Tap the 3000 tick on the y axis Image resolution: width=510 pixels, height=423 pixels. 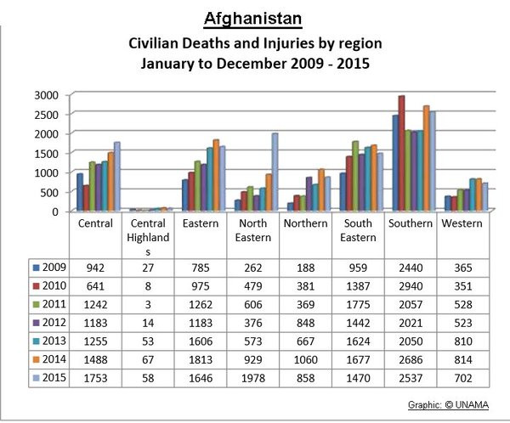point(48,93)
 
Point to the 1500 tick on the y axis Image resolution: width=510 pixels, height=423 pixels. point(48,152)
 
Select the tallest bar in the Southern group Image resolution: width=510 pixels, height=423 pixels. point(401,153)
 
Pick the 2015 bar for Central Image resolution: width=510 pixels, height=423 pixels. point(116,177)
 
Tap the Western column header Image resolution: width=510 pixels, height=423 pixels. point(462,224)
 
